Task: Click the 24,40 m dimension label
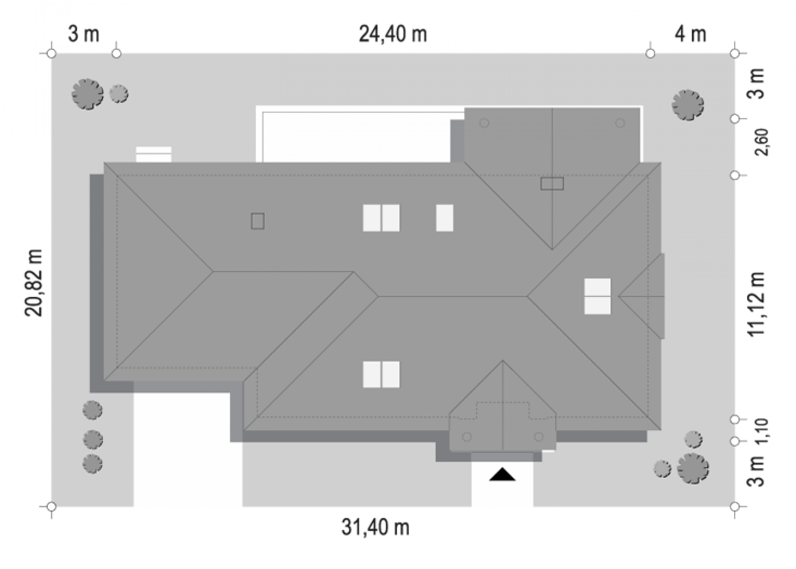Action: pyautogui.click(x=393, y=34)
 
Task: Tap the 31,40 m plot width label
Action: pyautogui.click(x=375, y=527)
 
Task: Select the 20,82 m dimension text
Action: pyautogui.click(x=34, y=283)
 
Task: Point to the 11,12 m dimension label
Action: pyautogui.click(x=756, y=304)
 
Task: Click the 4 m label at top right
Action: pyautogui.click(x=690, y=34)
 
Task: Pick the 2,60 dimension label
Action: pyautogui.click(x=762, y=142)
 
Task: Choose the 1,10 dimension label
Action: pyautogui.click(x=762, y=431)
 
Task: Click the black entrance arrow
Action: pyautogui.click(x=502, y=474)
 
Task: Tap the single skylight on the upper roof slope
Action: pyautogui.click(x=445, y=218)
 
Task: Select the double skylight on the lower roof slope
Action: pyautogui.click(x=381, y=375)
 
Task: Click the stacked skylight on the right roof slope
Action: pyautogui.click(x=597, y=296)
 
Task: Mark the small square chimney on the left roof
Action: pyautogui.click(x=258, y=221)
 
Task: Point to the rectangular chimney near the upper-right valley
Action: pyautogui.click(x=552, y=184)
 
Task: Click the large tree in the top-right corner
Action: pyautogui.click(x=688, y=105)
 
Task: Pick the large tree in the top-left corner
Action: pyautogui.click(x=88, y=94)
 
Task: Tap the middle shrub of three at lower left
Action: pyautogui.click(x=93, y=439)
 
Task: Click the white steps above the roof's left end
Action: pyautogui.click(x=154, y=154)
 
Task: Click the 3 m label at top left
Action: pyautogui.click(x=83, y=34)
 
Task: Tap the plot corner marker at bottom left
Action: pyautogui.click(x=52, y=506)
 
